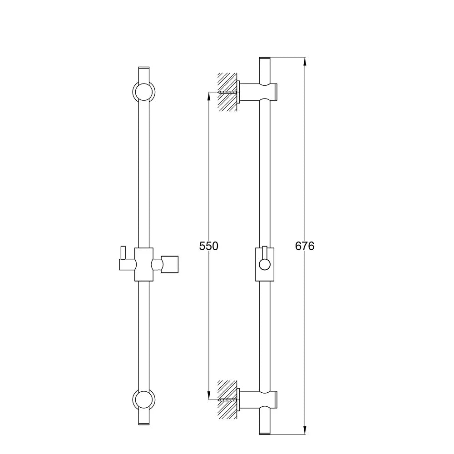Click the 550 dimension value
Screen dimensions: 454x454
point(208,246)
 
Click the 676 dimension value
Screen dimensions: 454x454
point(305,246)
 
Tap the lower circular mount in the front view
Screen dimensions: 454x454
point(144,400)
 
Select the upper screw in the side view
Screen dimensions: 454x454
point(228,92)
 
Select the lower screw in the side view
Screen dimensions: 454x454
point(228,400)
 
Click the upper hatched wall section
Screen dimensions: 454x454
point(227,92)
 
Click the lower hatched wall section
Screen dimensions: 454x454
point(227,399)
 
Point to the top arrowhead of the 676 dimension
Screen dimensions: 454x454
point(305,61)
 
